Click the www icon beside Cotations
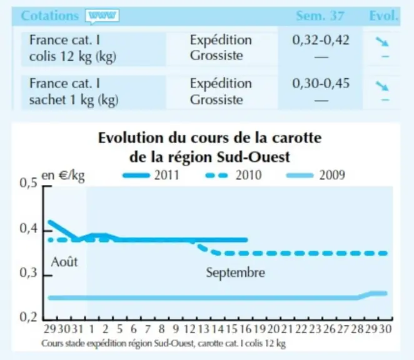[x=102, y=16]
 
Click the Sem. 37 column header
[x=320, y=16]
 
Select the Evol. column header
[x=383, y=16]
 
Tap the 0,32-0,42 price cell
[x=321, y=40]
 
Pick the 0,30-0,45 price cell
[x=321, y=83]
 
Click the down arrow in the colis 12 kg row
[x=382, y=41]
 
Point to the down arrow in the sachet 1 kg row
[x=382, y=86]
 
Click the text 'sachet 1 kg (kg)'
[x=74, y=100]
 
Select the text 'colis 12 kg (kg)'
[x=73, y=57]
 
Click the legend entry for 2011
[x=151, y=175]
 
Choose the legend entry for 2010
[x=233, y=175]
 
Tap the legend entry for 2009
[x=316, y=175]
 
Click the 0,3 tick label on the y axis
[x=28, y=273]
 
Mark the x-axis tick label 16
[x=246, y=329]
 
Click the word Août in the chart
[x=64, y=262]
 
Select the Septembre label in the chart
[x=236, y=272]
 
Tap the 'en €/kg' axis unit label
[x=63, y=176]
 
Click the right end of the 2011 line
[x=246, y=240]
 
